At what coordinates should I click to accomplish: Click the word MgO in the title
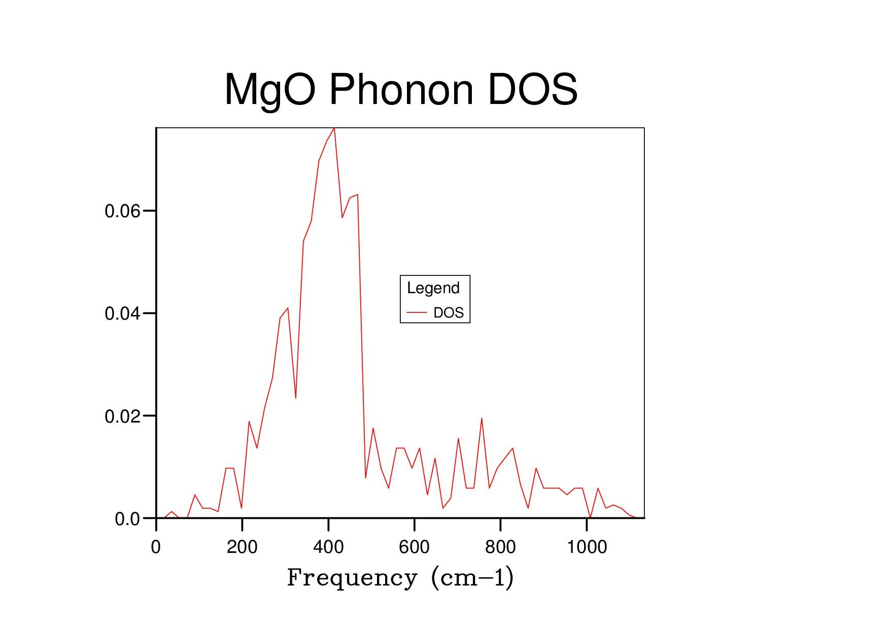[x=270, y=90]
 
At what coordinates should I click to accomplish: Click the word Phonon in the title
[x=401, y=89]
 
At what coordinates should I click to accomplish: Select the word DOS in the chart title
[x=532, y=89]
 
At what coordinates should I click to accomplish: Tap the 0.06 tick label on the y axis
[x=122, y=211]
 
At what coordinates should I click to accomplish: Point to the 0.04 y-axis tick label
[x=122, y=313]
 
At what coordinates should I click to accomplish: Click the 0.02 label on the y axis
[x=122, y=416]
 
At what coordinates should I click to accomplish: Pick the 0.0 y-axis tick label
[x=127, y=519]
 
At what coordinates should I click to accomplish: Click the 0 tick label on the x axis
[x=156, y=547]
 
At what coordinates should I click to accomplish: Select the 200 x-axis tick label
[x=242, y=547]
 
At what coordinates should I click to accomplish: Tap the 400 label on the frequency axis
[x=328, y=547]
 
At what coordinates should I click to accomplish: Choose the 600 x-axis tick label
[x=414, y=547]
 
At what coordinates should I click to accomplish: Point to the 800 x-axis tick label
[x=500, y=547]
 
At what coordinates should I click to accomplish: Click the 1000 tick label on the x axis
[x=587, y=547]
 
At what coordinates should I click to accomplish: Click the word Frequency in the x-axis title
[x=352, y=578]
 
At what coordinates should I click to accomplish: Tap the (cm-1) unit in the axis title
[x=472, y=578]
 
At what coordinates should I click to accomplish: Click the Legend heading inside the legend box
[x=433, y=288]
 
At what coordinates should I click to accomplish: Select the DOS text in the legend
[x=449, y=312]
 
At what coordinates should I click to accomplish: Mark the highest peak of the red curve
[x=334, y=128]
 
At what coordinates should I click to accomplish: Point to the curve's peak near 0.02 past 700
[x=482, y=418]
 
